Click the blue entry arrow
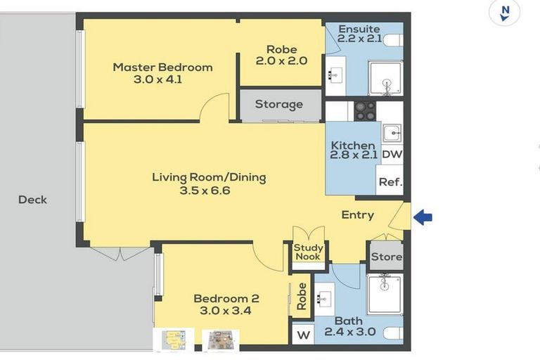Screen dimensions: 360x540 tap(423, 218)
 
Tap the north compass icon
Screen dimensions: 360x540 tap(504, 13)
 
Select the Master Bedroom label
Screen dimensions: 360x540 tap(162, 67)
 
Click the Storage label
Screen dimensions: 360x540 tap(278, 105)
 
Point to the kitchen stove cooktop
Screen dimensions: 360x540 tap(364, 111)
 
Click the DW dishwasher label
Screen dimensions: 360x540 tap(392, 154)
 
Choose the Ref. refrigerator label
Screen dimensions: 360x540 tap(390, 181)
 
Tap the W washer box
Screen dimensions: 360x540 tap(304, 335)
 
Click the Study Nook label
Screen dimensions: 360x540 tap(308, 252)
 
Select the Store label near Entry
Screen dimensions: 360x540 tap(386, 257)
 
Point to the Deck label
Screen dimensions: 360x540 tap(32, 200)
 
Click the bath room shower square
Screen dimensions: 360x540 tap(385, 292)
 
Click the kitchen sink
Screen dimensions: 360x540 tap(391, 131)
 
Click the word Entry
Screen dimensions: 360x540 tap(357, 215)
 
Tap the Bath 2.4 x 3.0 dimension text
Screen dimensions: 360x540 tap(349, 332)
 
